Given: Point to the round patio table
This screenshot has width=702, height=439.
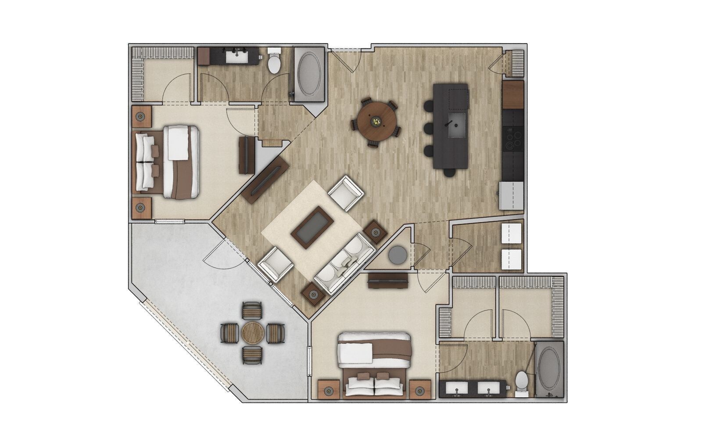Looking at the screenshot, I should click(252, 332).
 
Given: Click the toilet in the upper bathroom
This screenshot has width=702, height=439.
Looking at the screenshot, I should click(274, 62).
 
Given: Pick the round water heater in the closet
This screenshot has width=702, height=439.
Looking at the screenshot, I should click(398, 255).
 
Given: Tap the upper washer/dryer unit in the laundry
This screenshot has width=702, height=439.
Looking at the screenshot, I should click(511, 232).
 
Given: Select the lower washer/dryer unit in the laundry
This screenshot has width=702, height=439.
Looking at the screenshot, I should click(511, 259).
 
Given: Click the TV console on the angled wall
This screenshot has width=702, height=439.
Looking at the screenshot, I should click(266, 180).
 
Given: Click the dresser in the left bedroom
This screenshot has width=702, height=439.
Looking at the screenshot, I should click(247, 155).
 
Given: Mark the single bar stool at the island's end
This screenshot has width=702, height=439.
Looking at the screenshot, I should click(449, 173).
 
